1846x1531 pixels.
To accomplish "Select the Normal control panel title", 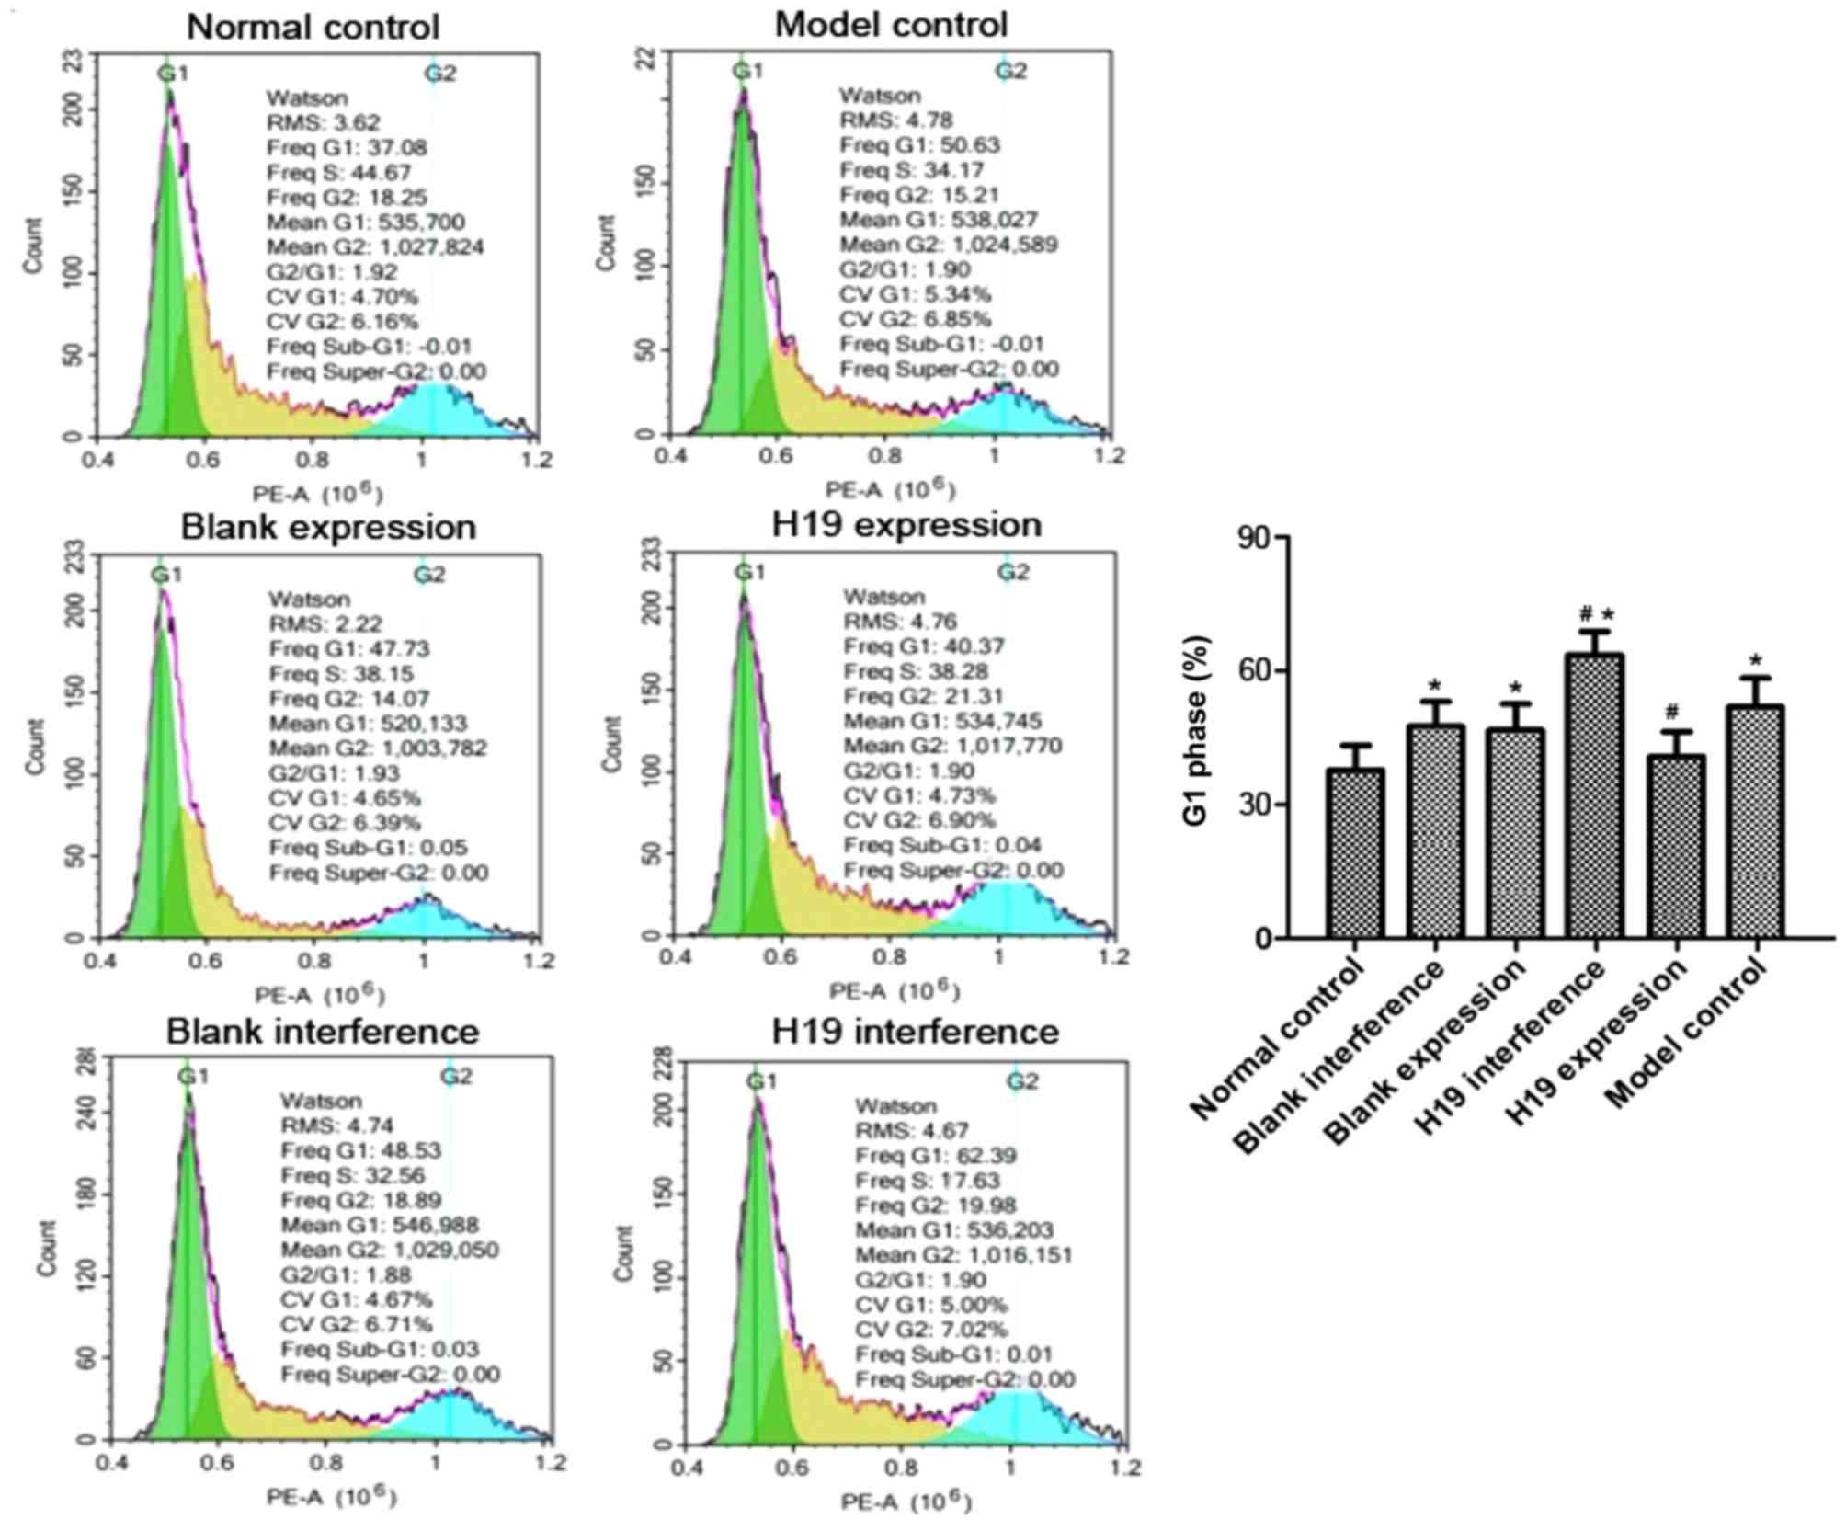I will pos(313,27).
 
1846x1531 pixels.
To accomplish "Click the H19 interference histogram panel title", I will pos(915,1031).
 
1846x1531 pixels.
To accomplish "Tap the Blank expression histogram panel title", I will pos(328,527).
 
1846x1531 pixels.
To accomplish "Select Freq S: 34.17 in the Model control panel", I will pos(912,170).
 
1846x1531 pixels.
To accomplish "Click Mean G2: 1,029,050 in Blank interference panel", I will pos(390,1250).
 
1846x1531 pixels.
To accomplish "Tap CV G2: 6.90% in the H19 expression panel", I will pos(919,820).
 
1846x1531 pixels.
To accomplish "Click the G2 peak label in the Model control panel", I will pos(1011,71).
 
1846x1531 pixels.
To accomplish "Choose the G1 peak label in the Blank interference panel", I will pos(193,1076).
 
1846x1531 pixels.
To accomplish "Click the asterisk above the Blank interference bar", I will pos(1435,685).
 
